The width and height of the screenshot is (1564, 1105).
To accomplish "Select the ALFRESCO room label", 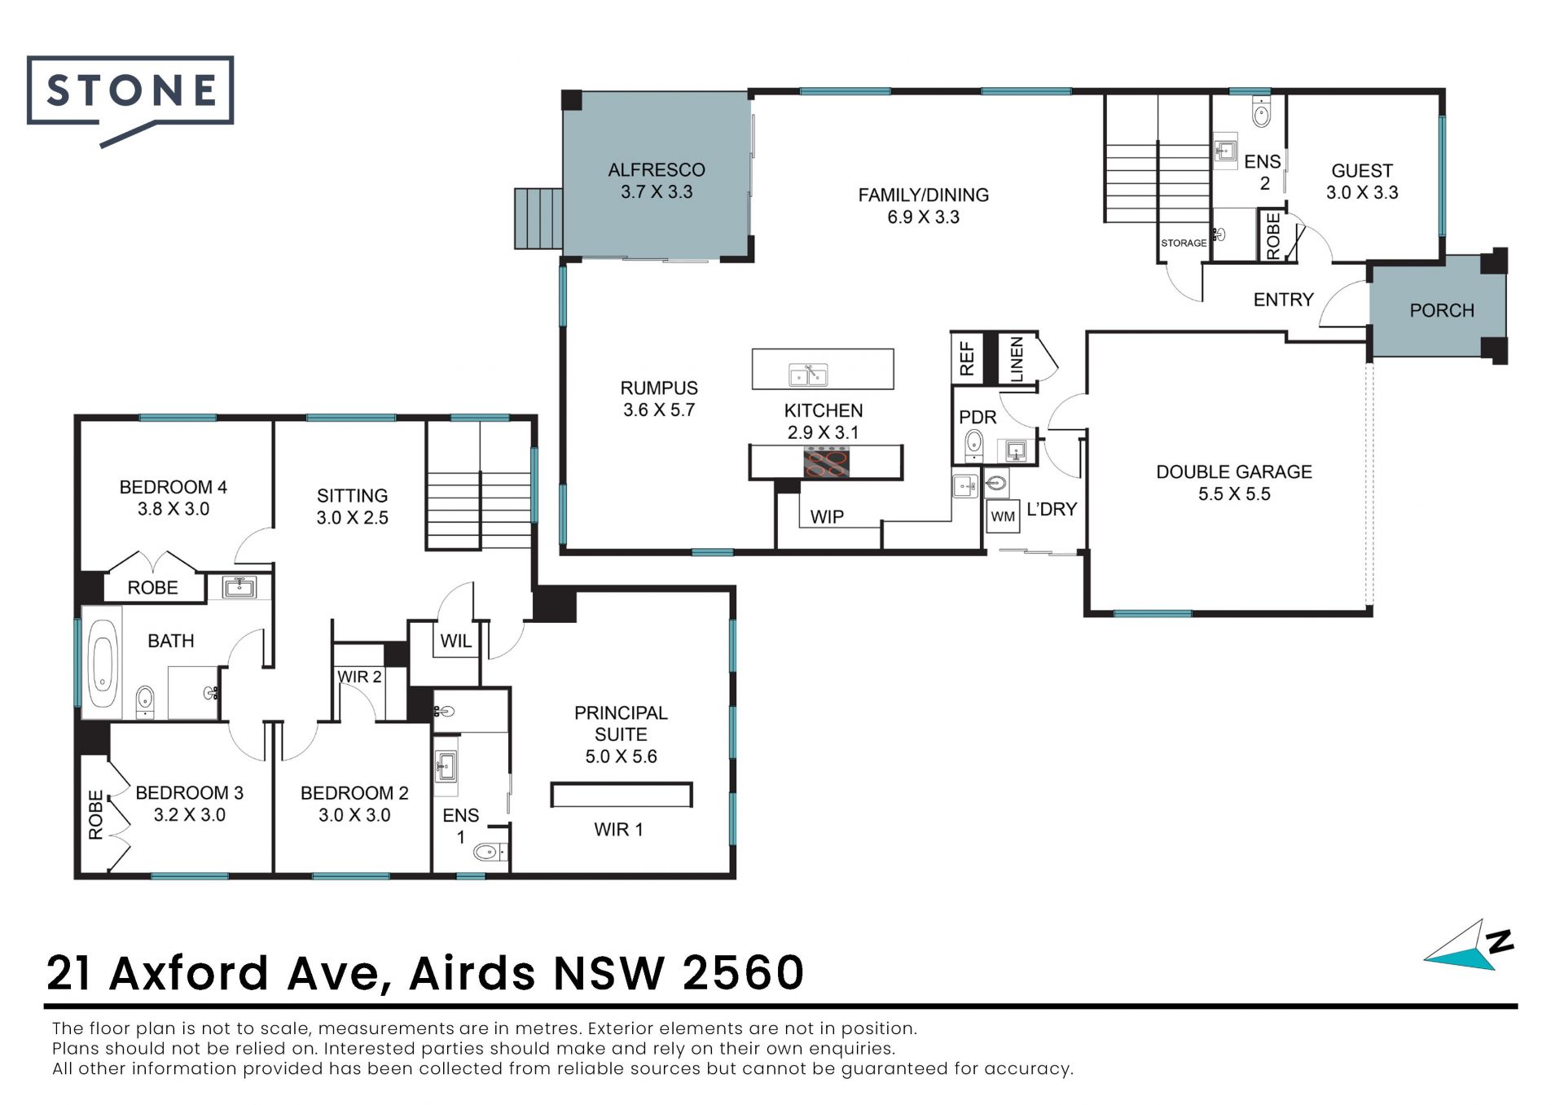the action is pos(657,170).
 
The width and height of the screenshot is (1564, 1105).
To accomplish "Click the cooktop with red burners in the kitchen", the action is pos(827,463).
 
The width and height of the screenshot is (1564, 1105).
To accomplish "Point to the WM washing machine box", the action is pos(1003,516).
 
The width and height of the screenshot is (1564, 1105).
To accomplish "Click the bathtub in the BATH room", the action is pos(103,663).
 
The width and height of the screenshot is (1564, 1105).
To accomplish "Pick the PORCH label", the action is pos(1442,310).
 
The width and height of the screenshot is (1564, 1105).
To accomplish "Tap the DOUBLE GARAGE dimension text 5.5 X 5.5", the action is pos(1234,494).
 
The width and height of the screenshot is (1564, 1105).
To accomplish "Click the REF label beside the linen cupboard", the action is pos(967,357).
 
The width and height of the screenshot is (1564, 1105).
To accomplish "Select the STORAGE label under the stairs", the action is pos(1184,243).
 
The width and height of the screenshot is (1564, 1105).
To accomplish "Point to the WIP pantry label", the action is pos(827,516).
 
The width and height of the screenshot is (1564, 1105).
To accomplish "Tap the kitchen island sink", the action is pos(808,375).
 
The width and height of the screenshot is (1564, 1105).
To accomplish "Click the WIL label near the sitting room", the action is pos(456,641).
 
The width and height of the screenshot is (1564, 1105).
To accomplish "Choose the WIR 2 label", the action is pos(359,677).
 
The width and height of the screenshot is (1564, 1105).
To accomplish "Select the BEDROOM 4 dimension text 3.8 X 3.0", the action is pos(174,509).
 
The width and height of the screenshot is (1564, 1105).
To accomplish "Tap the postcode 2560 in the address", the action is pos(743,972).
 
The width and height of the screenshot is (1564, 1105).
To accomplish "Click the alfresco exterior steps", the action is pos(538,218).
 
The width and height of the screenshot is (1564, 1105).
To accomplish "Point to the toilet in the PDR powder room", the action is pos(973,444).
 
